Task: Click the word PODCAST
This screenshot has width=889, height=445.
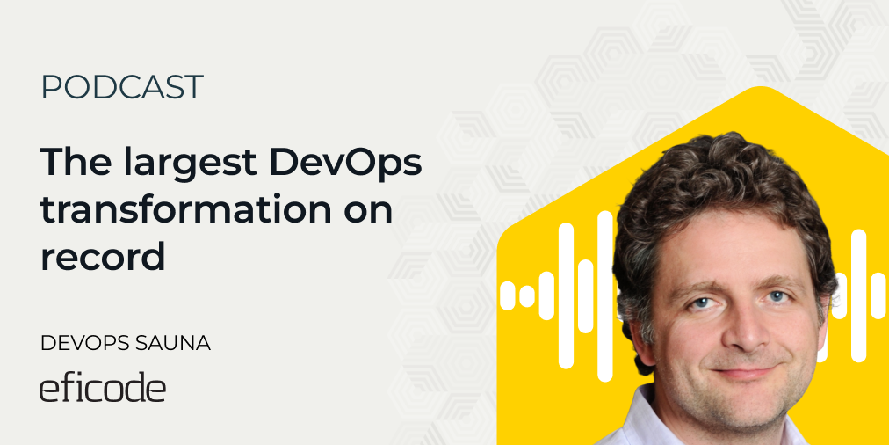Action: pos(121,87)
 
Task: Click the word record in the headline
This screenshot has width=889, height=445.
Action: pos(102,259)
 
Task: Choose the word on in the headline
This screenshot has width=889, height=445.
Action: pos(368,212)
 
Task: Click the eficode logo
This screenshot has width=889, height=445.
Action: pos(102,389)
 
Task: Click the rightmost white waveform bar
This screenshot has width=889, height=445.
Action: pos(878,295)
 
